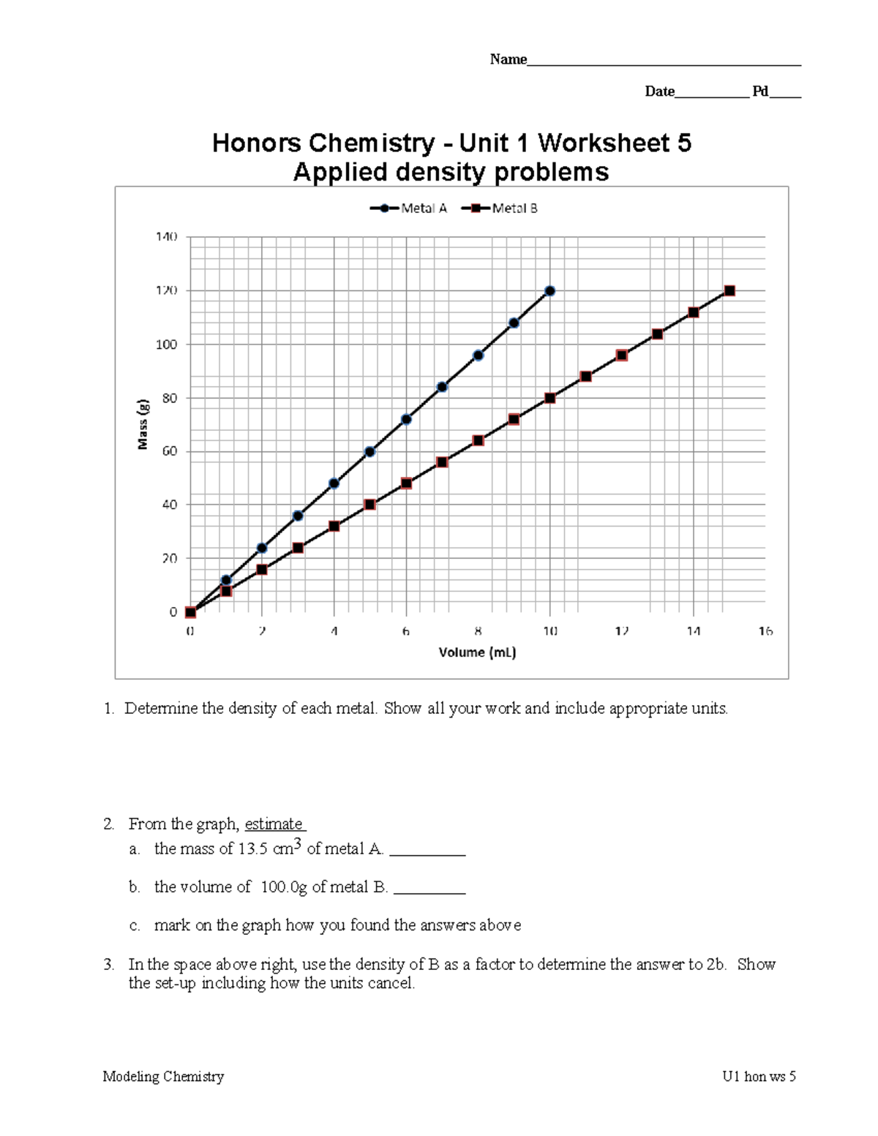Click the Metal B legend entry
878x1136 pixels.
pos(500,208)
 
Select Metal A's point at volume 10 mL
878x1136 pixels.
pos(550,291)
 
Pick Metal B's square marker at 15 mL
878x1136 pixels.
pos(729,291)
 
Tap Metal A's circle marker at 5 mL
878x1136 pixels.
pos(369,452)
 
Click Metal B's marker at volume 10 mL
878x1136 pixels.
pos(550,398)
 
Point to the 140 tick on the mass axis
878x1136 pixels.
pos(166,237)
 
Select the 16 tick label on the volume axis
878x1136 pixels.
pos(765,631)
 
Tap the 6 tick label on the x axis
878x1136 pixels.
pos(406,631)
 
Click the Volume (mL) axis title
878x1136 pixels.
pos(477,652)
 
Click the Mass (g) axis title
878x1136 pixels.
pos(143,424)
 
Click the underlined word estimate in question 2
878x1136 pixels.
pos(274,824)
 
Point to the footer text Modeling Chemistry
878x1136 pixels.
pos(163,1076)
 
